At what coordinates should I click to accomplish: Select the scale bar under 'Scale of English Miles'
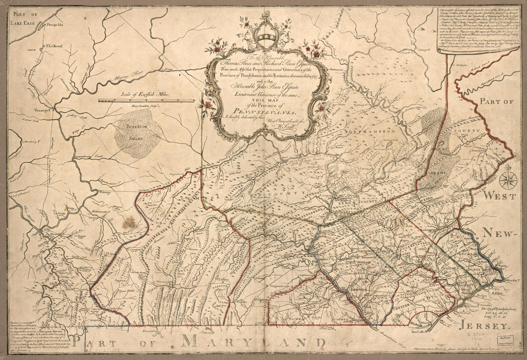click(x=146, y=101)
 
